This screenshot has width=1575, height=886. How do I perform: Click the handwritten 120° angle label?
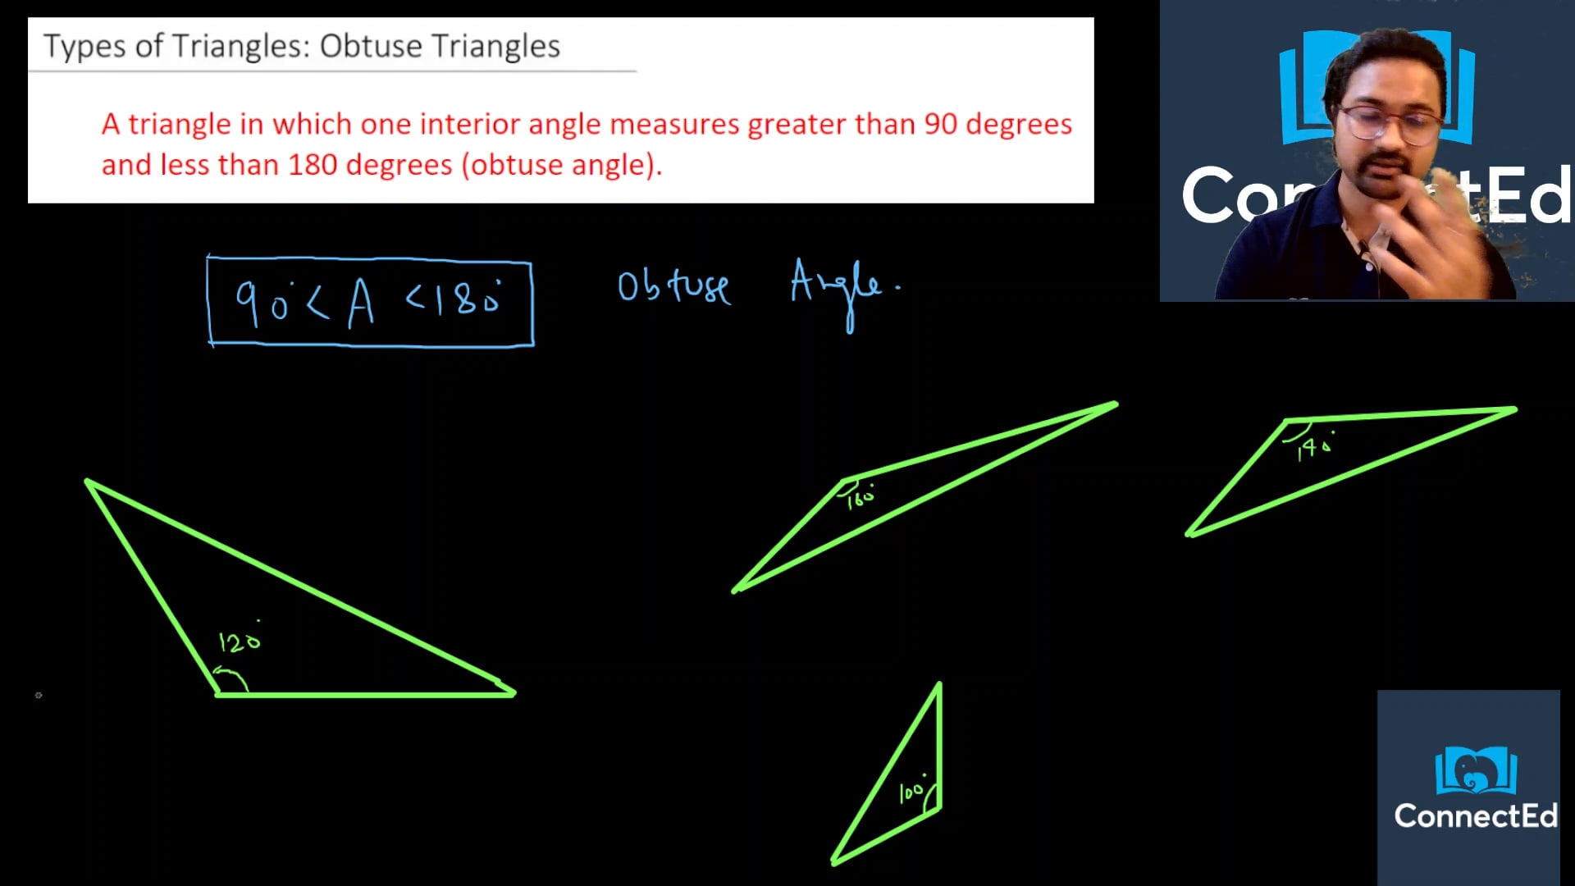240,641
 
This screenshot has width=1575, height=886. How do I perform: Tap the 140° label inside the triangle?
1314,447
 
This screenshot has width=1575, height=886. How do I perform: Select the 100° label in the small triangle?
911,791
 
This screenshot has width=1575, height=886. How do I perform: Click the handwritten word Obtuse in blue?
673,286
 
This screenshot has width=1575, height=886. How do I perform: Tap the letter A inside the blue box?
361,304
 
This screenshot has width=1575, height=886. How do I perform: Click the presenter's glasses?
1388,123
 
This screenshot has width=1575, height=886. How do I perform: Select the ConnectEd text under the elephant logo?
1475,816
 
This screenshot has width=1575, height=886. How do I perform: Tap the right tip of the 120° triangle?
513,692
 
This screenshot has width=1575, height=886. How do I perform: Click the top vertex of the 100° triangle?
938,685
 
